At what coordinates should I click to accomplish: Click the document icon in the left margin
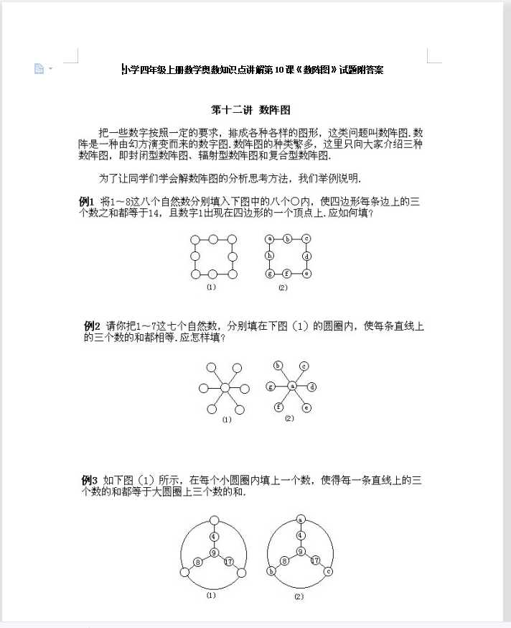point(39,68)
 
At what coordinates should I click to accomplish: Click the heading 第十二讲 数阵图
point(250,111)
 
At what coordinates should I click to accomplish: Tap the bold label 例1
point(86,201)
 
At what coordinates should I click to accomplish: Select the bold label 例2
point(92,326)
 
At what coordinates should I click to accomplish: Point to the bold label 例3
point(90,480)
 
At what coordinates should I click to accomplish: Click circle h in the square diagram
point(270,256)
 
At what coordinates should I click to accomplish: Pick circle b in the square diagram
point(287,239)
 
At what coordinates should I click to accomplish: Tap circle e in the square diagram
point(306,274)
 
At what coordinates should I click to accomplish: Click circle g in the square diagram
point(270,274)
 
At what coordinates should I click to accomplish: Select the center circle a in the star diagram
point(292,387)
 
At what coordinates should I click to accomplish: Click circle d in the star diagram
point(312,387)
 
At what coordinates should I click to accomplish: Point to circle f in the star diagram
point(279,407)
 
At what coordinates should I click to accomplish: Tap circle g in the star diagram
point(271,387)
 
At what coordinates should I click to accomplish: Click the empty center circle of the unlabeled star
point(225,388)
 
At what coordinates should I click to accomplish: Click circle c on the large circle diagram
point(328,572)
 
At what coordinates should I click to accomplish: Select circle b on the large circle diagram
point(272,572)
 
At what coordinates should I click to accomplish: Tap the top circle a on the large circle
point(301,519)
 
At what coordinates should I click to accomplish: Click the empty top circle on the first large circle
point(213,520)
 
